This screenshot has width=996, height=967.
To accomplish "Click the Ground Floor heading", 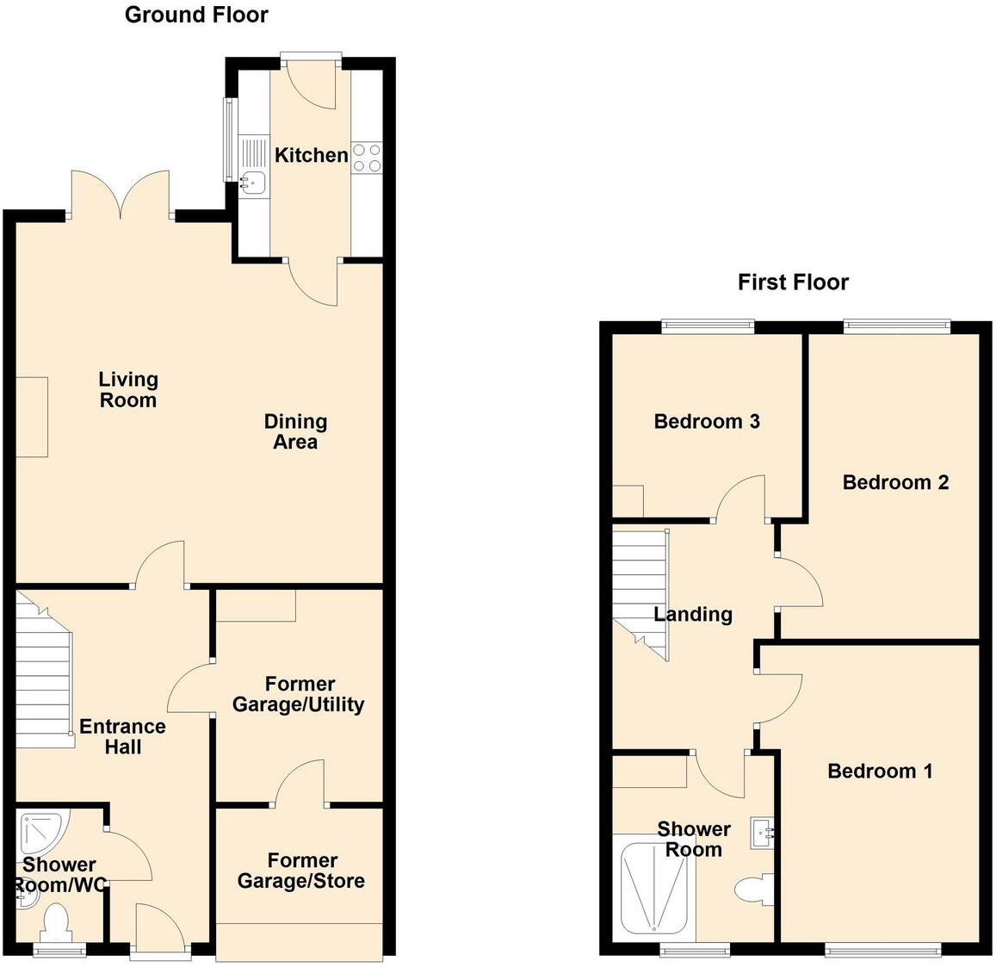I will [196, 15].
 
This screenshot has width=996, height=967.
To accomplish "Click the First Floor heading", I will [793, 282].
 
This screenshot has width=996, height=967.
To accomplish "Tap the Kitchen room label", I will [311, 155].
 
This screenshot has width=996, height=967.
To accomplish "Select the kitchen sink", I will [253, 182].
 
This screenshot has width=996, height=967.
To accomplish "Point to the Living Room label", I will [128, 389].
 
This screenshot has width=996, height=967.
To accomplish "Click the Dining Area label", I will [295, 431].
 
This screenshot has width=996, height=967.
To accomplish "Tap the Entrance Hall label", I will [122, 736].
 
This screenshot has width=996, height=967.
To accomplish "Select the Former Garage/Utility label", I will [298, 694].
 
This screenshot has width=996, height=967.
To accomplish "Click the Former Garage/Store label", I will [301, 871].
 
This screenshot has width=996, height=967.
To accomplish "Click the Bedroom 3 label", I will [707, 421].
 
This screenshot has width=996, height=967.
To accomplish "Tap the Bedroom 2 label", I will [895, 482].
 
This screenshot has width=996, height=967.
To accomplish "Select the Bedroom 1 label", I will [880, 771].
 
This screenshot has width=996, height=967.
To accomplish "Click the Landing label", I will [693, 614].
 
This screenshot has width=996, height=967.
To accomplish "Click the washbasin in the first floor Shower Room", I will [762, 833].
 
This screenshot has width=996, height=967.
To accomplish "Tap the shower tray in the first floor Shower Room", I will [657, 887].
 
